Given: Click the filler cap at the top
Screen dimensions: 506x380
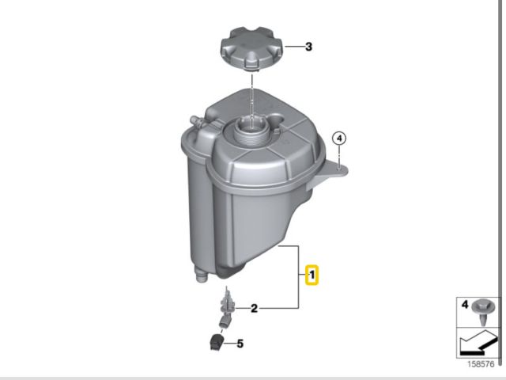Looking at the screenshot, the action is tap(251, 48).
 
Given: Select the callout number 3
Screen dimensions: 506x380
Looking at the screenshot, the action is tap(308, 47).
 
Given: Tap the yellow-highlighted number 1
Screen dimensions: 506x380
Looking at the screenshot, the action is tap(312, 275).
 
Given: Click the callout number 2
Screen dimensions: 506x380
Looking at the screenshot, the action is tap(255, 309).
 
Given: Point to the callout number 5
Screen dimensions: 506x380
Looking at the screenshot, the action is tap(240, 344).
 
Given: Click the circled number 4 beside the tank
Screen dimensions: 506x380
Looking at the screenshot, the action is tap(339, 139).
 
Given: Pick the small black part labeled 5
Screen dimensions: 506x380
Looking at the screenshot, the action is tap(217, 343).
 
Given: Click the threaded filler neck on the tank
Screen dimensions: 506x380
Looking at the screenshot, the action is tap(251, 130).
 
